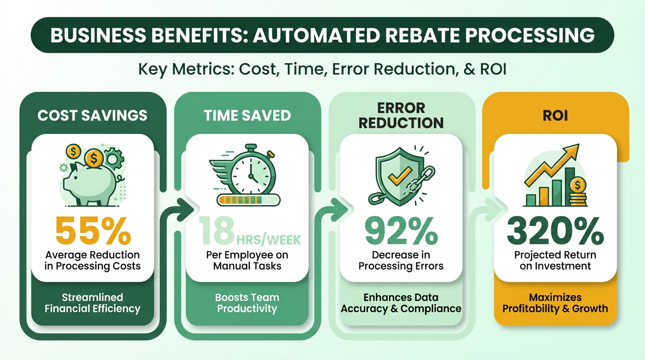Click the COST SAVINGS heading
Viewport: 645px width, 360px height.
click(x=92, y=115)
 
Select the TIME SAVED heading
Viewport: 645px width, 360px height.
click(x=247, y=115)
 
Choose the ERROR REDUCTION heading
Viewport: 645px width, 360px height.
click(x=401, y=115)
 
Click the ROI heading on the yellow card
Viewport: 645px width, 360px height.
click(x=555, y=115)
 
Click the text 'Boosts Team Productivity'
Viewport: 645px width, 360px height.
click(x=247, y=303)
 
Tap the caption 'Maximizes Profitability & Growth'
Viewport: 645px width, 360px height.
click(x=555, y=303)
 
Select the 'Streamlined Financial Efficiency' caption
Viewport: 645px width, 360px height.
click(x=92, y=303)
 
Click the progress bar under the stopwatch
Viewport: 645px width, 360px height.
click(x=248, y=200)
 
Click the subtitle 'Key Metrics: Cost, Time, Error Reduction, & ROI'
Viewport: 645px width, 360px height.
click(x=322, y=69)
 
